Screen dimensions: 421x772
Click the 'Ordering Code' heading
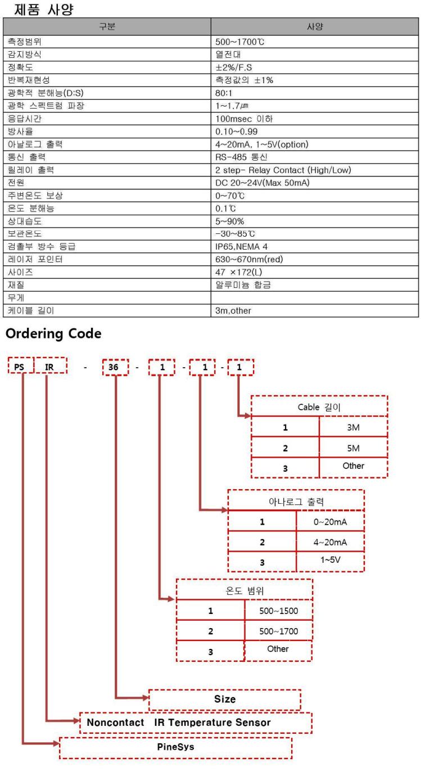(53, 333)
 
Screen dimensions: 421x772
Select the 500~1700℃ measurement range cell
(315, 42)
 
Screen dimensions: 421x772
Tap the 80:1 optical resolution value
(315, 93)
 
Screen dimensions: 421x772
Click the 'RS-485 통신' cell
(315, 157)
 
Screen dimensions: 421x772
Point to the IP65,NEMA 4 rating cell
(315, 247)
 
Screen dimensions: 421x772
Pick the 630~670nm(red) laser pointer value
(315, 260)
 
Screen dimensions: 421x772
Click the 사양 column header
(315, 26)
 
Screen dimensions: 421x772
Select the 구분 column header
(107, 26)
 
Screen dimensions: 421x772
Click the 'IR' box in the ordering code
(50, 365)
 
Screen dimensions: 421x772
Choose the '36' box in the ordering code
(115, 367)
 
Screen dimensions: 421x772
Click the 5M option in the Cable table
(353, 448)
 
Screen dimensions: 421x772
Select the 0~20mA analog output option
(330, 522)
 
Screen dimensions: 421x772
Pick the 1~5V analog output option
(330, 560)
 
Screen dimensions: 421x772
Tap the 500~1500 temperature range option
(278, 611)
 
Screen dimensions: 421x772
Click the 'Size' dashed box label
(225, 699)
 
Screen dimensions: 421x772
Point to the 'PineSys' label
(176, 747)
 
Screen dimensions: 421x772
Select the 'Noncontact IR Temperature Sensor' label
(178, 723)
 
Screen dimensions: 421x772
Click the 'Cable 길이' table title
(319, 407)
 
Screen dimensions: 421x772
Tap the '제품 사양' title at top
(44, 10)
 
